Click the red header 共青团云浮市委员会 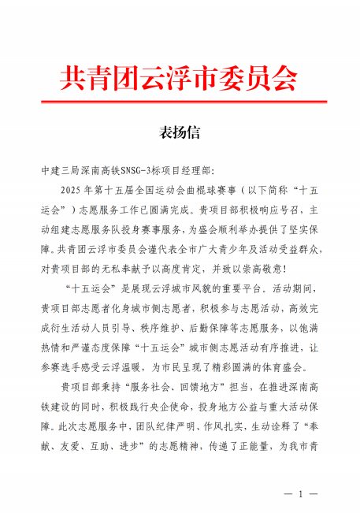180,76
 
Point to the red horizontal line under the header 180,102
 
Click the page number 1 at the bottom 300,494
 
